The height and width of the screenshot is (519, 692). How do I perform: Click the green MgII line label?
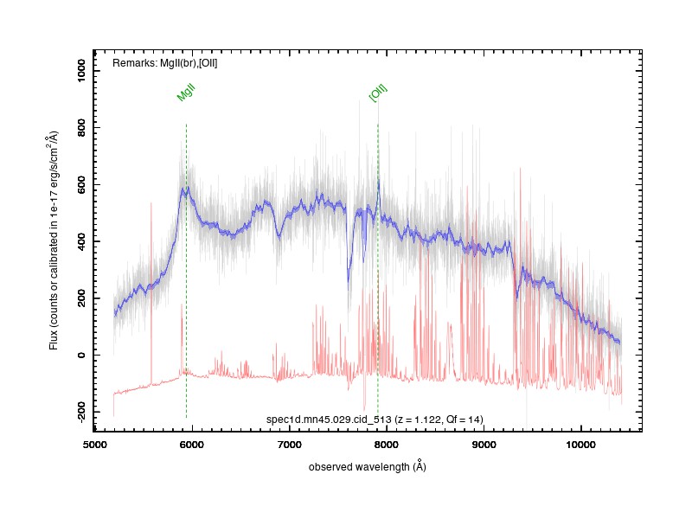[186, 93]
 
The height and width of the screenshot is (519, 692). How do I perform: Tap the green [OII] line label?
[378, 93]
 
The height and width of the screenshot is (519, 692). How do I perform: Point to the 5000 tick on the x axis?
[94, 445]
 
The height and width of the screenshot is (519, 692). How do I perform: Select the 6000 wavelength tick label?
[192, 445]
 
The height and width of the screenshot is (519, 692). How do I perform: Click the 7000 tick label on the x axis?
[289, 445]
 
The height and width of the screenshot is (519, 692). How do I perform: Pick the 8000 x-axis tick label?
[386, 445]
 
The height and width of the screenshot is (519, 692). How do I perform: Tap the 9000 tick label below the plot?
[484, 445]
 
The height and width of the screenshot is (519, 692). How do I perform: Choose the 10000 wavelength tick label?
[580, 445]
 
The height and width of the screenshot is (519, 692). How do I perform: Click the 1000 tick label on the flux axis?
[81, 71]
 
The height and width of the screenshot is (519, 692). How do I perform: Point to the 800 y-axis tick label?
[81, 127]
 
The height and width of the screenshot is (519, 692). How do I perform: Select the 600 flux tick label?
[81, 184]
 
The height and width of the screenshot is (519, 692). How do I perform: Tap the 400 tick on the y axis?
[81, 241]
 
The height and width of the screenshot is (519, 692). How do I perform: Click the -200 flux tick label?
[81, 412]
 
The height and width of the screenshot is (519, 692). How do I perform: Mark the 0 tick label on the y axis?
[81, 355]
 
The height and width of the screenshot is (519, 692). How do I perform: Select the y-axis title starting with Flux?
[54, 240]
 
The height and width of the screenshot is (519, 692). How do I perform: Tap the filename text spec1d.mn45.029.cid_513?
[329, 420]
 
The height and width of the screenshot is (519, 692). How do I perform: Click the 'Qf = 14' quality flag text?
[464, 420]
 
